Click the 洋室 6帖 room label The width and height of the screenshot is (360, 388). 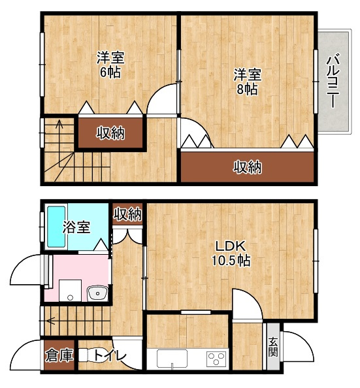click(110, 64)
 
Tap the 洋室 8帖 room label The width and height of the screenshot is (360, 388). click(247, 82)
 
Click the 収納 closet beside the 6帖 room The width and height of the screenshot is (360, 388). click(110, 134)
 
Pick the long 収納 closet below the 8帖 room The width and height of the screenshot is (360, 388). click(248, 167)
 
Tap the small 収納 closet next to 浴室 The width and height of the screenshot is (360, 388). click(127, 214)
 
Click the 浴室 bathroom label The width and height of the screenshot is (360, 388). click(76, 227)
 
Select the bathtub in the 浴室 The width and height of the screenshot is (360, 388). click(55, 227)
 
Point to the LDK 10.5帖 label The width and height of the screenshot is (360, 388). click(230, 253)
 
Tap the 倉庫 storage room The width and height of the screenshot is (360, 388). click(58, 356)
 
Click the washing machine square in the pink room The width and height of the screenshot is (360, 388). click(69, 290)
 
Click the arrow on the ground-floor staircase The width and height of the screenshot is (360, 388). click(50, 321)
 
